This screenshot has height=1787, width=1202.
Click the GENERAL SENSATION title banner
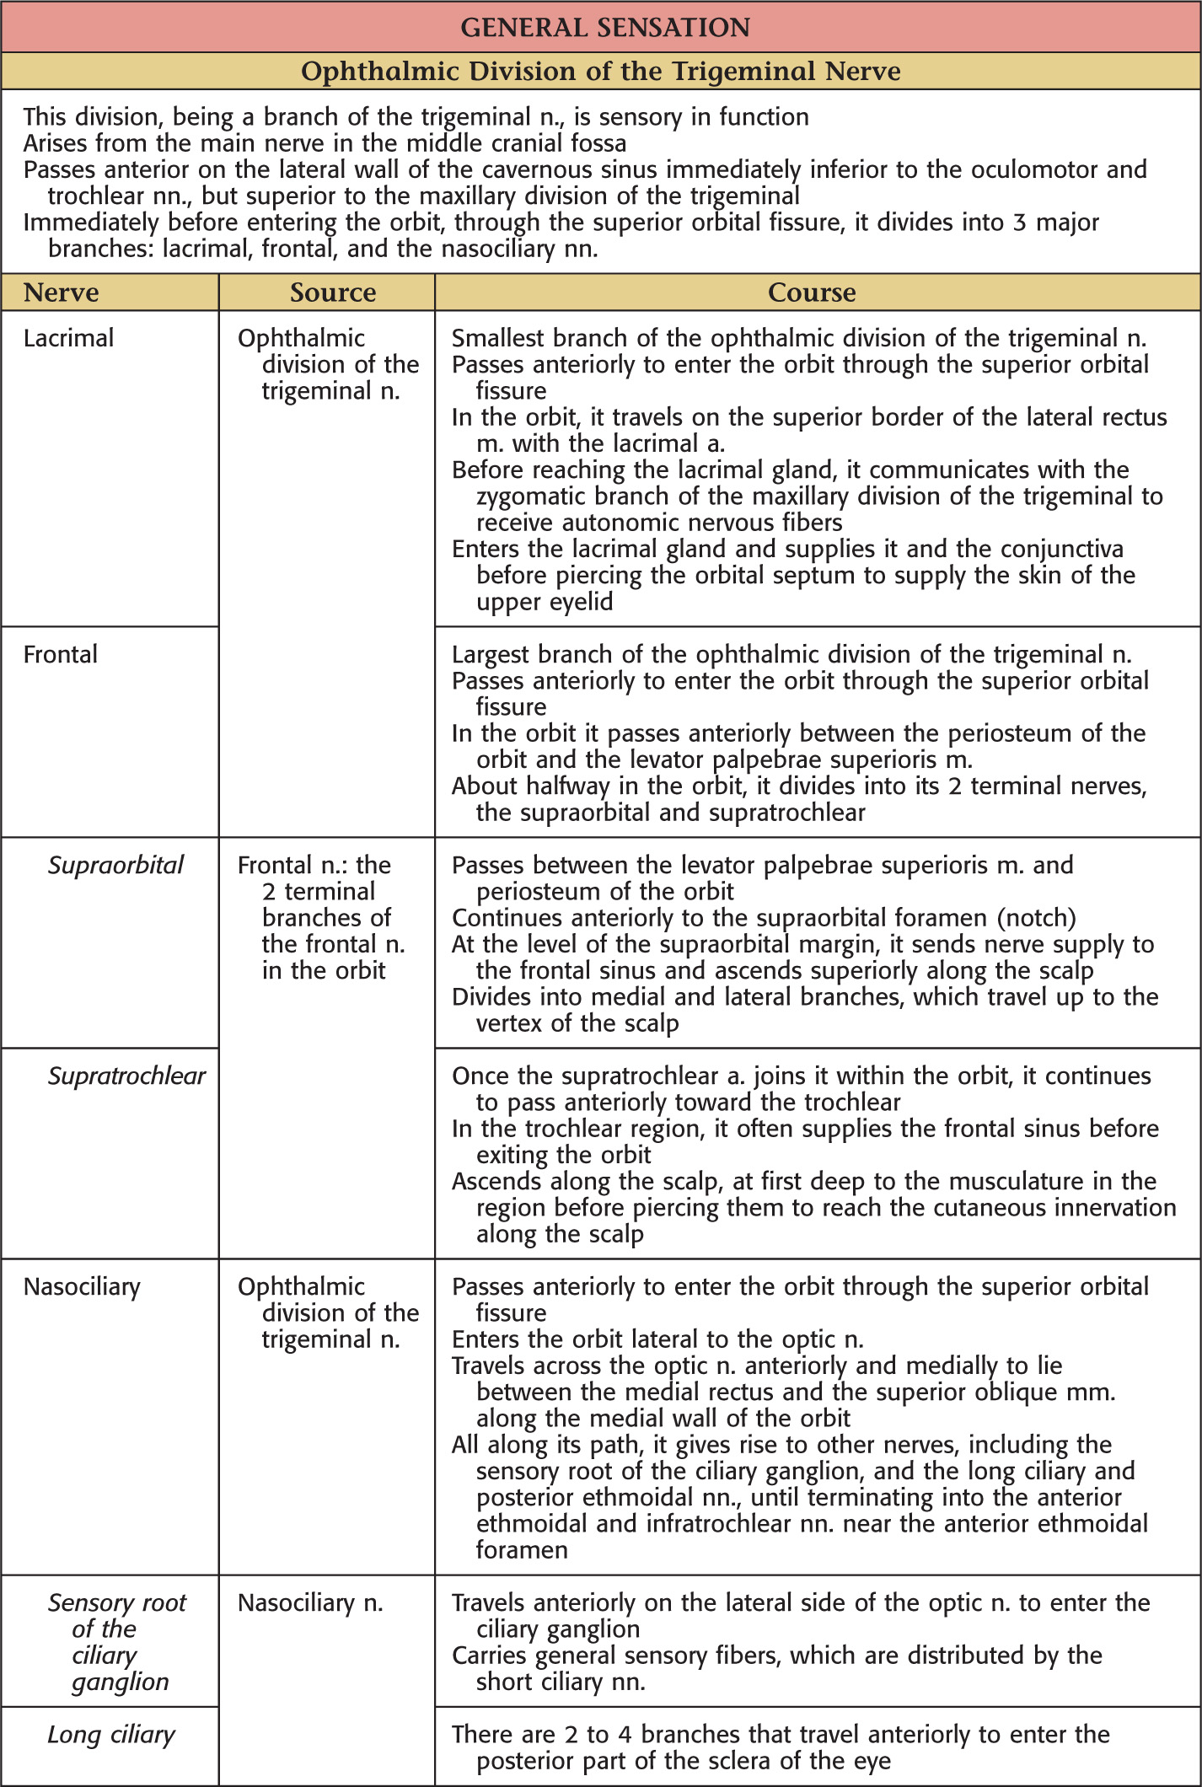click(604, 27)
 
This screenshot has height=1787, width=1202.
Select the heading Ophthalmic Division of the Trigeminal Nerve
click(600, 71)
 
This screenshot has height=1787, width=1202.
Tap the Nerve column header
click(61, 292)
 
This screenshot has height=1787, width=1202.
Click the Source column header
click(333, 292)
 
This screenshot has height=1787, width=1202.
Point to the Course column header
click(812, 292)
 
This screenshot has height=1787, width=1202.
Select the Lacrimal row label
click(68, 338)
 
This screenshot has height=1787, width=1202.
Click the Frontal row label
click(61, 654)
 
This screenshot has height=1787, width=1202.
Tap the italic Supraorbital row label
click(115, 865)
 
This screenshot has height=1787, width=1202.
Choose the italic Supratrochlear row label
click(126, 1076)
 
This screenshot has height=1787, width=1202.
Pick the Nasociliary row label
click(82, 1286)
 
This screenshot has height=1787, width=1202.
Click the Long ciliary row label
click(111, 1734)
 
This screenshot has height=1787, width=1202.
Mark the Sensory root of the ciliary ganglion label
click(116, 1642)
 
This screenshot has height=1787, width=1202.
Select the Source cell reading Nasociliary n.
click(310, 1602)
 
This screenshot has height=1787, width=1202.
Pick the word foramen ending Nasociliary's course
click(522, 1549)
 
